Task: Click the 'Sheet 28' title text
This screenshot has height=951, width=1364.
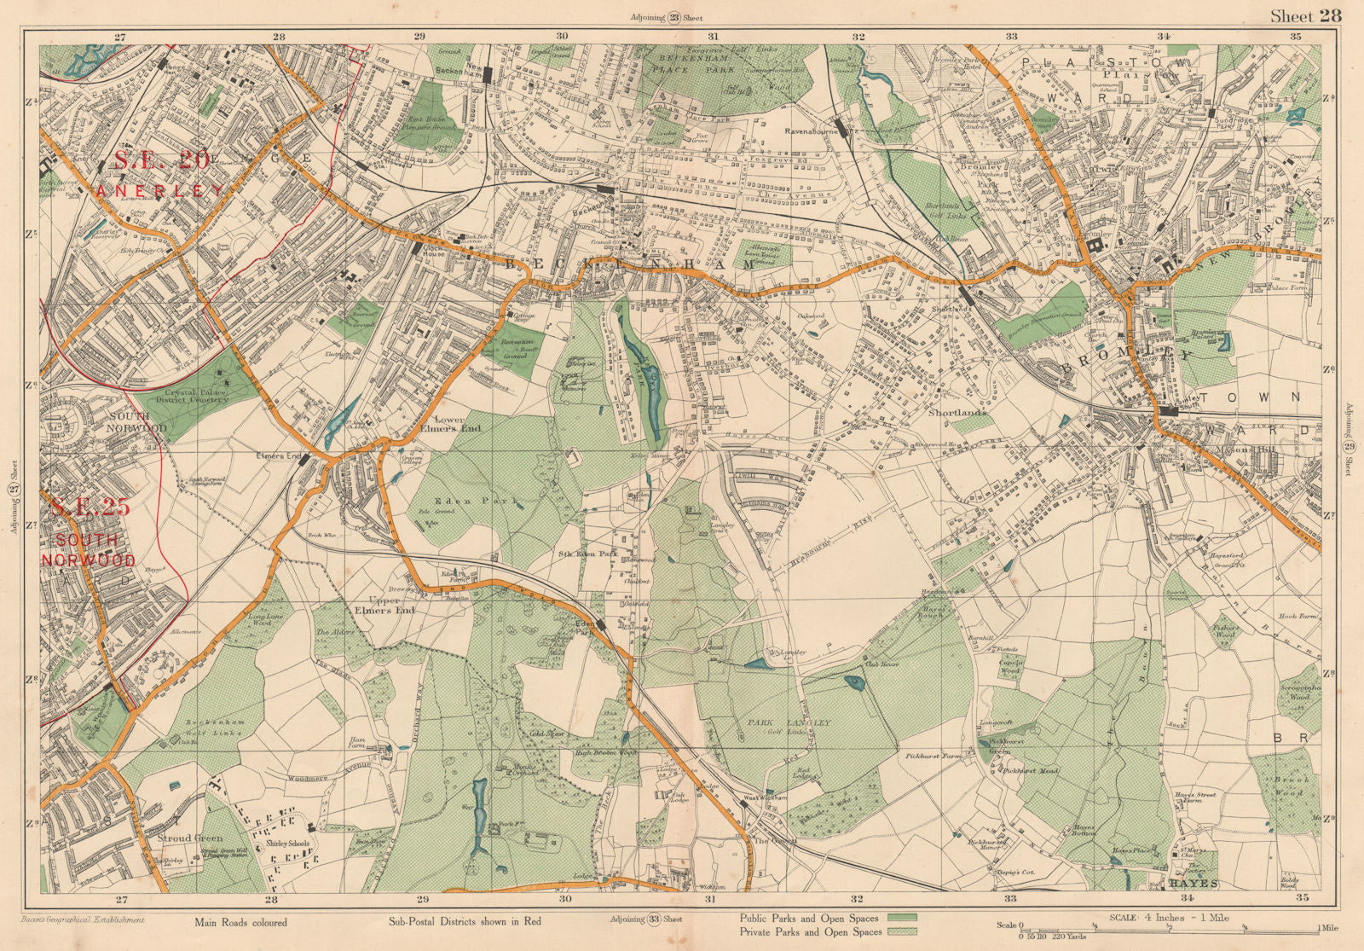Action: (x=1305, y=15)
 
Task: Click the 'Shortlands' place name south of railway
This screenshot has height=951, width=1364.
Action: (x=957, y=412)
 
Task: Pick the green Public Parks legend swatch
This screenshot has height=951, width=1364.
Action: (x=902, y=917)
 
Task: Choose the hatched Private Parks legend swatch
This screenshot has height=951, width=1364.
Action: (x=902, y=932)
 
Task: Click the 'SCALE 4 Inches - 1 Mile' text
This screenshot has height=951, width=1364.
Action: (x=1170, y=918)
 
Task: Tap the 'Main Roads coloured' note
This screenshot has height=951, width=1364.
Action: (x=240, y=922)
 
